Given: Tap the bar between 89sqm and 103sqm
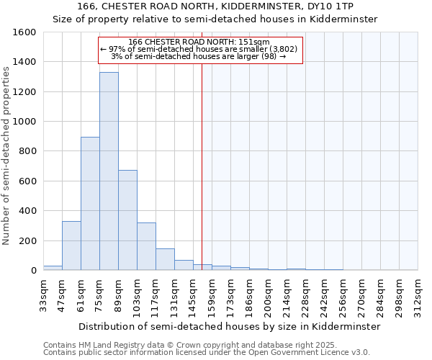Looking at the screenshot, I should [127, 220].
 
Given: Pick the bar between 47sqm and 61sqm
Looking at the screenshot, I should [71, 246].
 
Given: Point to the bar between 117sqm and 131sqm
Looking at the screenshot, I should [165, 259].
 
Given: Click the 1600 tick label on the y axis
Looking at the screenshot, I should [24, 32].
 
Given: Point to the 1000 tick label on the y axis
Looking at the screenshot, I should [24, 122].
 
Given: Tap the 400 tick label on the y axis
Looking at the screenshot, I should [27, 211].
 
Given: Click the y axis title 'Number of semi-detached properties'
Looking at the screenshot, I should [6, 153].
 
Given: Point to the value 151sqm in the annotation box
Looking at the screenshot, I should [255, 42].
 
